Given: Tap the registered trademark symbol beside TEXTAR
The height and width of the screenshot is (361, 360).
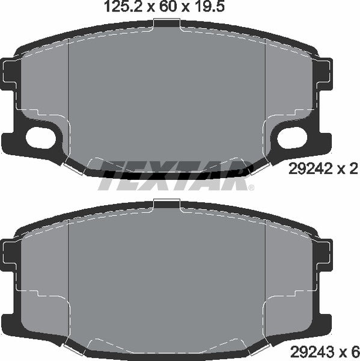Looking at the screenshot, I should click(x=251, y=187).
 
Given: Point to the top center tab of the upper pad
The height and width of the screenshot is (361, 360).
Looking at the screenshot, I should click(x=166, y=23).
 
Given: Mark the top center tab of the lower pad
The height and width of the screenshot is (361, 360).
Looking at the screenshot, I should click(x=166, y=204).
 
